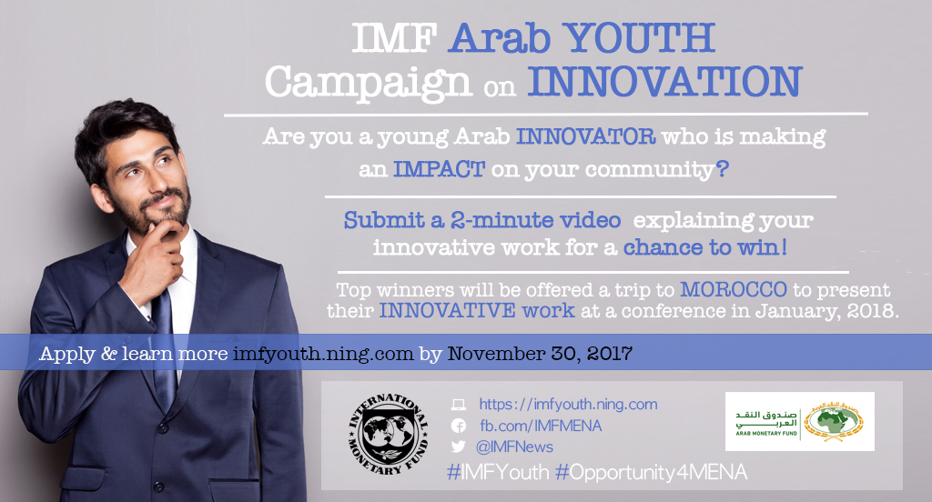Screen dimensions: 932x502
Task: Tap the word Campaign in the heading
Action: [368, 83]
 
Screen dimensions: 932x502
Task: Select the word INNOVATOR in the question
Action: [585, 136]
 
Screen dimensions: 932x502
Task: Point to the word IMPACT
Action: [439, 169]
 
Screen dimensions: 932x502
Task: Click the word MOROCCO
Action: [734, 289]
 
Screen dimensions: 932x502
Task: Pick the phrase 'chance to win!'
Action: [705, 246]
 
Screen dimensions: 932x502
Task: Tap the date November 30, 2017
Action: [540, 354]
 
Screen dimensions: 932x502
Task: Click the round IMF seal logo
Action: [388, 435]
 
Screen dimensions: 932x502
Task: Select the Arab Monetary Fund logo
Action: [799, 421]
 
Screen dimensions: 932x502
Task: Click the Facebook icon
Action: [459, 426]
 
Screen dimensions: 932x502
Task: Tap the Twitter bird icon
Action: [459, 447]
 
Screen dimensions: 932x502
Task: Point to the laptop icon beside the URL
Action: [459, 405]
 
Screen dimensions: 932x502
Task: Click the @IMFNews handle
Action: [514, 447]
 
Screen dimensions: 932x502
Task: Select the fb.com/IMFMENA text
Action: [541, 426]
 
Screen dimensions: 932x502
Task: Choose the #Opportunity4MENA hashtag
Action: [651, 473]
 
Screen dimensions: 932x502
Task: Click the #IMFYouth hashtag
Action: [498, 472]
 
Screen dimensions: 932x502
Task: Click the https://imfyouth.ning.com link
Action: [568, 405]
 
